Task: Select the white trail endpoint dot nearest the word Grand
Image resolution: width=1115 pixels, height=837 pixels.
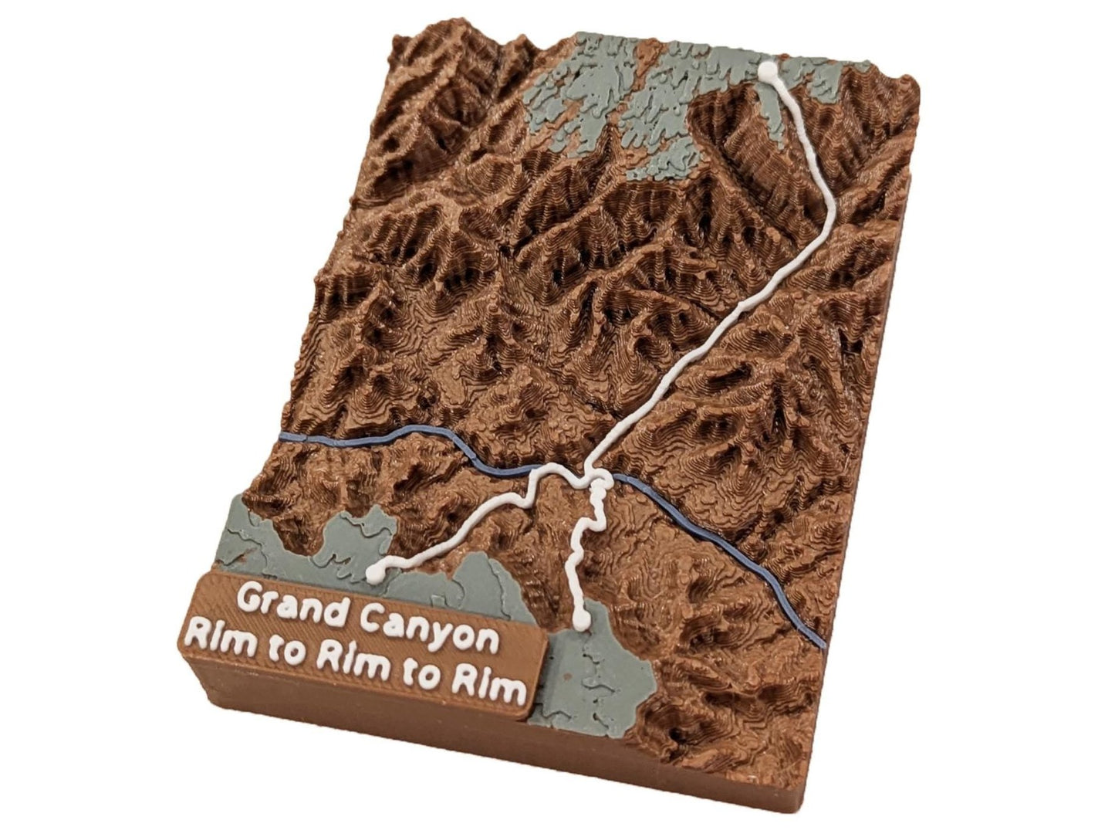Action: [x=376, y=572]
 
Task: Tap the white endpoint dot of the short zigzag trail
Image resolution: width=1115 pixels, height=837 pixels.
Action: [x=584, y=618]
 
